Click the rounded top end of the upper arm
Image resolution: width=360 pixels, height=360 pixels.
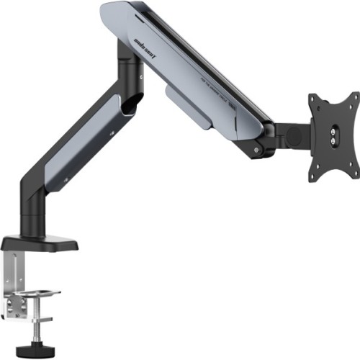[112, 14]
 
